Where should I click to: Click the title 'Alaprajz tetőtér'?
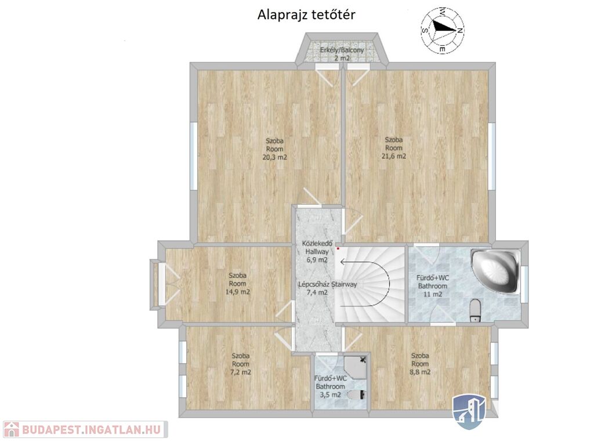(x=306, y=15)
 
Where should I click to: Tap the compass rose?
(x=442, y=30)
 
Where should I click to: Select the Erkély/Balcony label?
(x=342, y=50)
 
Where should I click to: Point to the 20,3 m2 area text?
(x=274, y=157)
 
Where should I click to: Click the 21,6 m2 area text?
(x=394, y=156)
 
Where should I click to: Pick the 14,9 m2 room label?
(x=237, y=292)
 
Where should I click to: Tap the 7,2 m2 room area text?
(x=241, y=372)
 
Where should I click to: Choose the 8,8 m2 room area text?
(x=420, y=372)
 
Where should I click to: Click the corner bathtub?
(x=495, y=270)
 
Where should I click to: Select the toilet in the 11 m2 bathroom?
(x=475, y=310)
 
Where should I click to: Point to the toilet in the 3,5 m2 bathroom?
(x=357, y=395)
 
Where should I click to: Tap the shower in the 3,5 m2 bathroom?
(x=356, y=367)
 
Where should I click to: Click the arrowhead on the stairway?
(x=343, y=262)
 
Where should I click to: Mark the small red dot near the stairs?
(x=338, y=249)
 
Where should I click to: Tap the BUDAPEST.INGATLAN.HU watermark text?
(x=91, y=429)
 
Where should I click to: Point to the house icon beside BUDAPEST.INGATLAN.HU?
(x=11, y=429)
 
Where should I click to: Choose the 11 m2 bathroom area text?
(x=433, y=294)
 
